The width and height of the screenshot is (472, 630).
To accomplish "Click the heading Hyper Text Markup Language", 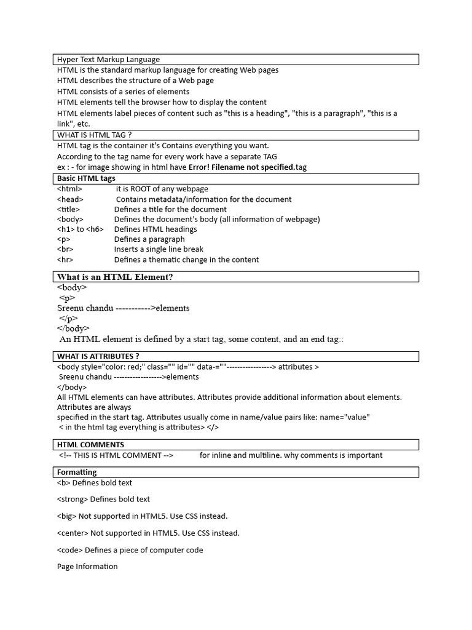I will click(x=108, y=60).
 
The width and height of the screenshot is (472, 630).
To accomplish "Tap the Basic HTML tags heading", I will click(x=86, y=178).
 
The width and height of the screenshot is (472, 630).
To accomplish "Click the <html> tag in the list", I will click(x=69, y=189).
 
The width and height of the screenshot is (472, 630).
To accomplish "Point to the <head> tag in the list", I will click(x=70, y=199).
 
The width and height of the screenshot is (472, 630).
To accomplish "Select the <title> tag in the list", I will click(x=68, y=209).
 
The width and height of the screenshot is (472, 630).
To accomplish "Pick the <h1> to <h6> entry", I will click(x=81, y=229).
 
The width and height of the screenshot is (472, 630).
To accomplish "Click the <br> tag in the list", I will click(x=65, y=249).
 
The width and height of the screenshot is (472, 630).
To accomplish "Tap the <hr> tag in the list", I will click(x=65, y=260).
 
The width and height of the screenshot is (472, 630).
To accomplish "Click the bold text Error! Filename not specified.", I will click(x=242, y=167).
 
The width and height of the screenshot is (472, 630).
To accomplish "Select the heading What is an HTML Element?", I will click(x=115, y=277).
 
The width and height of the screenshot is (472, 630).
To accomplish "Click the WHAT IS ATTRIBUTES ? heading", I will click(x=98, y=356).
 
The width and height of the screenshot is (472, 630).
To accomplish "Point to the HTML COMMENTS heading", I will click(x=90, y=444).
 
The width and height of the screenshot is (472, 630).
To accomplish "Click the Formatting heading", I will click(x=77, y=472).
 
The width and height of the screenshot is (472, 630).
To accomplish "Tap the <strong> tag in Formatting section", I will click(x=72, y=500).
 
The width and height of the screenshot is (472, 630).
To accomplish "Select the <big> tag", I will click(x=66, y=516).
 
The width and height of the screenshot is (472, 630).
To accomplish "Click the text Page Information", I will click(x=87, y=567).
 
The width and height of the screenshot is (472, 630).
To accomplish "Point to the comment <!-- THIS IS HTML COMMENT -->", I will click(x=116, y=455).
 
